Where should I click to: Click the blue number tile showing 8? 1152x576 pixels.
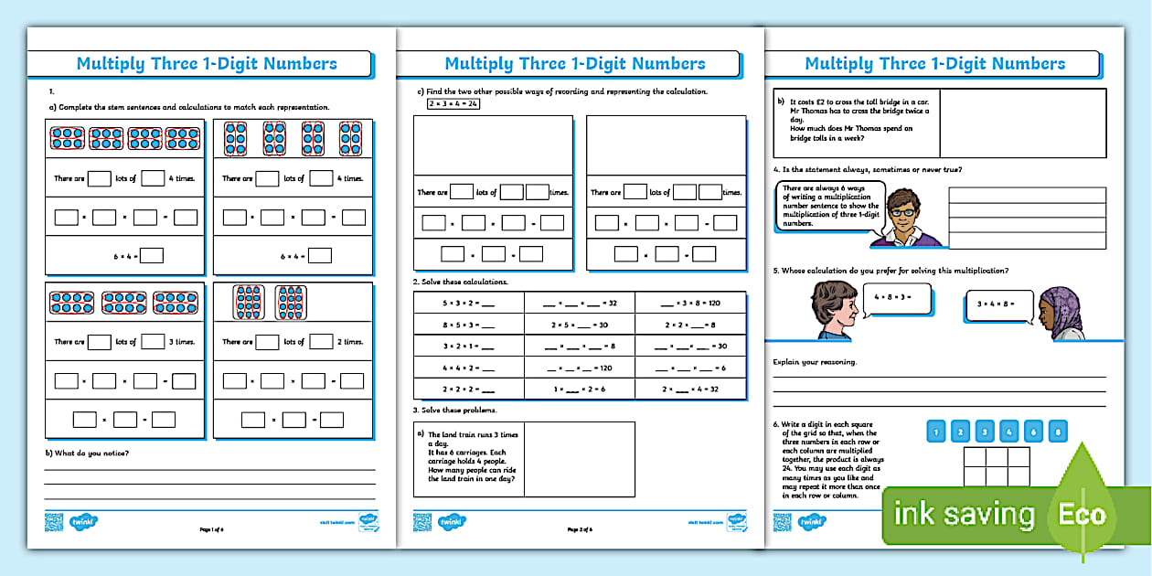coord(1057,432)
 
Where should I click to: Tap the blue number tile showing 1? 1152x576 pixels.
coord(935,432)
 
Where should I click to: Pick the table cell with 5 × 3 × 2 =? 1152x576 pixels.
coord(468,303)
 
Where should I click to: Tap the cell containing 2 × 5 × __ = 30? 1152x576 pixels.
coord(580,324)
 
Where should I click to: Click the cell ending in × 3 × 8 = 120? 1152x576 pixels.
coord(690,303)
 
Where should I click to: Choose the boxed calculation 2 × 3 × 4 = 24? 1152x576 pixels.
coord(453,104)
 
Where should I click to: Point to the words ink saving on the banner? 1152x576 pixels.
coord(964,515)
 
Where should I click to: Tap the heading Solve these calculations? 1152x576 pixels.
coord(464,282)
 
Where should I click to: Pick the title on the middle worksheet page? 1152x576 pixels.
coord(574,64)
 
